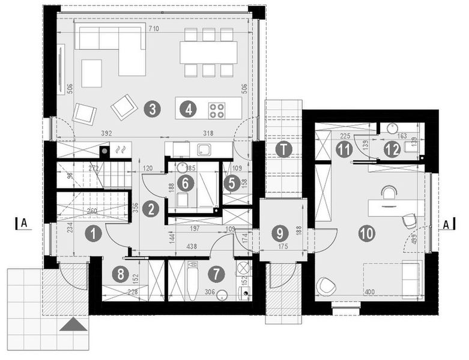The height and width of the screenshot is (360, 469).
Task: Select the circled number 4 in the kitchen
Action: tap(189, 109)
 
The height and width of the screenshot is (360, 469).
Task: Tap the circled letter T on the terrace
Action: tap(282, 149)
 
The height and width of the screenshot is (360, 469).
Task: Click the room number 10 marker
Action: tap(366, 233)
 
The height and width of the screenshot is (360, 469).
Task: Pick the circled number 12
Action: tap(392, 149)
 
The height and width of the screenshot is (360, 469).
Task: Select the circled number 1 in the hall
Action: tap(92, 233)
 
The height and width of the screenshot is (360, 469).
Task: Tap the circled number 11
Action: tap(343, 149)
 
